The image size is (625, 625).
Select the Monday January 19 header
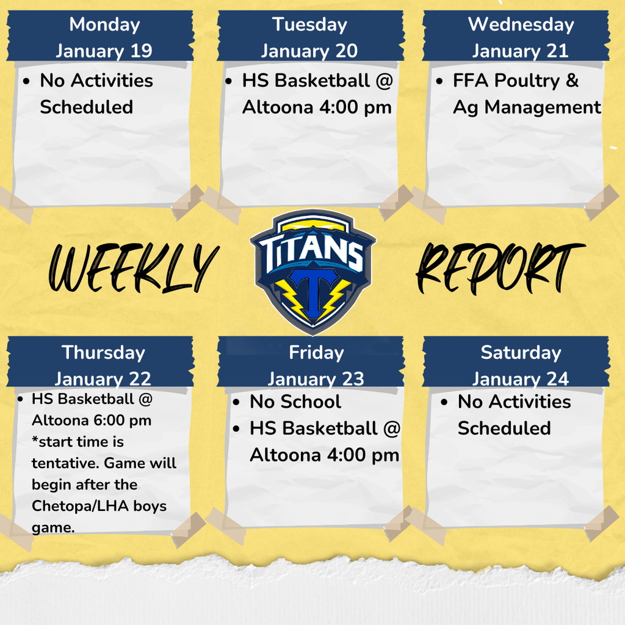click(104, 37)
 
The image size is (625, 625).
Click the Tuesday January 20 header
click(309, 37)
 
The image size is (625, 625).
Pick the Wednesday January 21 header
click(520, 37)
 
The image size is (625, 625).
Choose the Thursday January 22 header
click(103, 365)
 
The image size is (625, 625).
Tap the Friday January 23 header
click(316, 365)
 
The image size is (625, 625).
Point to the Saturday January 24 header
click(520, 365)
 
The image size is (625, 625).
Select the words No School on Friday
click(295, 402)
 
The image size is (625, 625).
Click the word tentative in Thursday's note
click(65, 463)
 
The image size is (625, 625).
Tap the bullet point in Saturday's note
click(445, 402)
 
